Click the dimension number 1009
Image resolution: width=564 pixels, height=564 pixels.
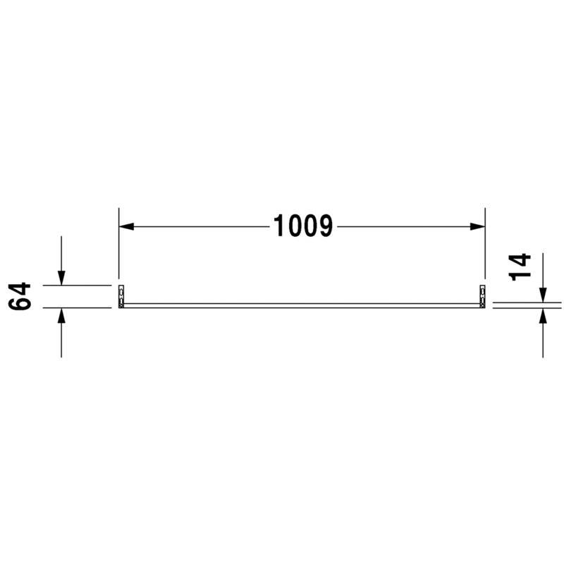[303, 226]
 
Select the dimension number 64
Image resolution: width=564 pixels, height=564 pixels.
[20, 296]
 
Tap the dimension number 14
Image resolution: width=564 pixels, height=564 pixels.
[520, 267]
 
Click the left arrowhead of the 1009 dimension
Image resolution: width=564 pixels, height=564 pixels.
[126, 226]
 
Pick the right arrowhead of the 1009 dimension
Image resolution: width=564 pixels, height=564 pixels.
[477, 226]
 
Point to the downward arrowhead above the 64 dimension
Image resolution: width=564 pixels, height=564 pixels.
[61, 278]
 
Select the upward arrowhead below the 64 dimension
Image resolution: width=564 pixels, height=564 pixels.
[61, 315]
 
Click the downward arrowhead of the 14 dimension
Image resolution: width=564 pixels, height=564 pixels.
[543, 295]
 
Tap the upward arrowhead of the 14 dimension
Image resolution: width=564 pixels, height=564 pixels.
[543, 316]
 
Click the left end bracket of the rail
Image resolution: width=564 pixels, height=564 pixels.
[121, 296]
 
